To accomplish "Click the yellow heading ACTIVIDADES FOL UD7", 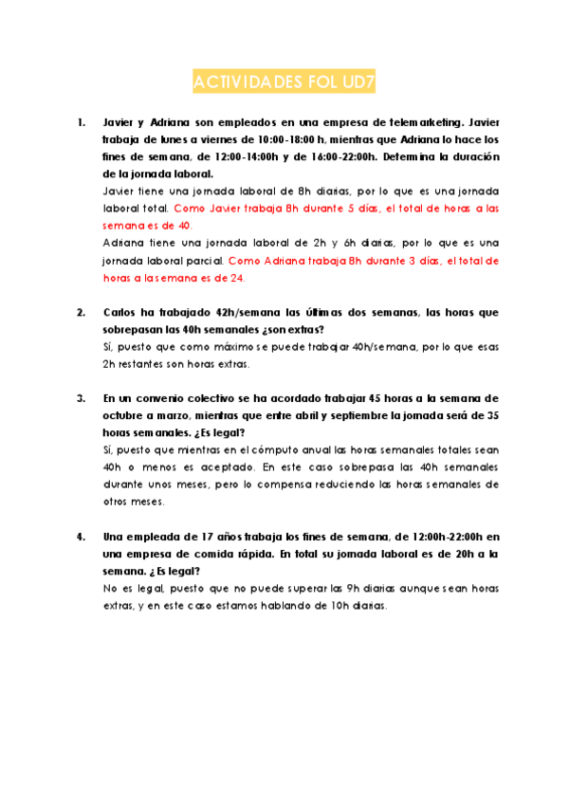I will coord(284,83).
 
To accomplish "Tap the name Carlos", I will coord(120,312).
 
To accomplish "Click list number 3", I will coord(81,398).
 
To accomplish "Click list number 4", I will coord(81,536).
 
